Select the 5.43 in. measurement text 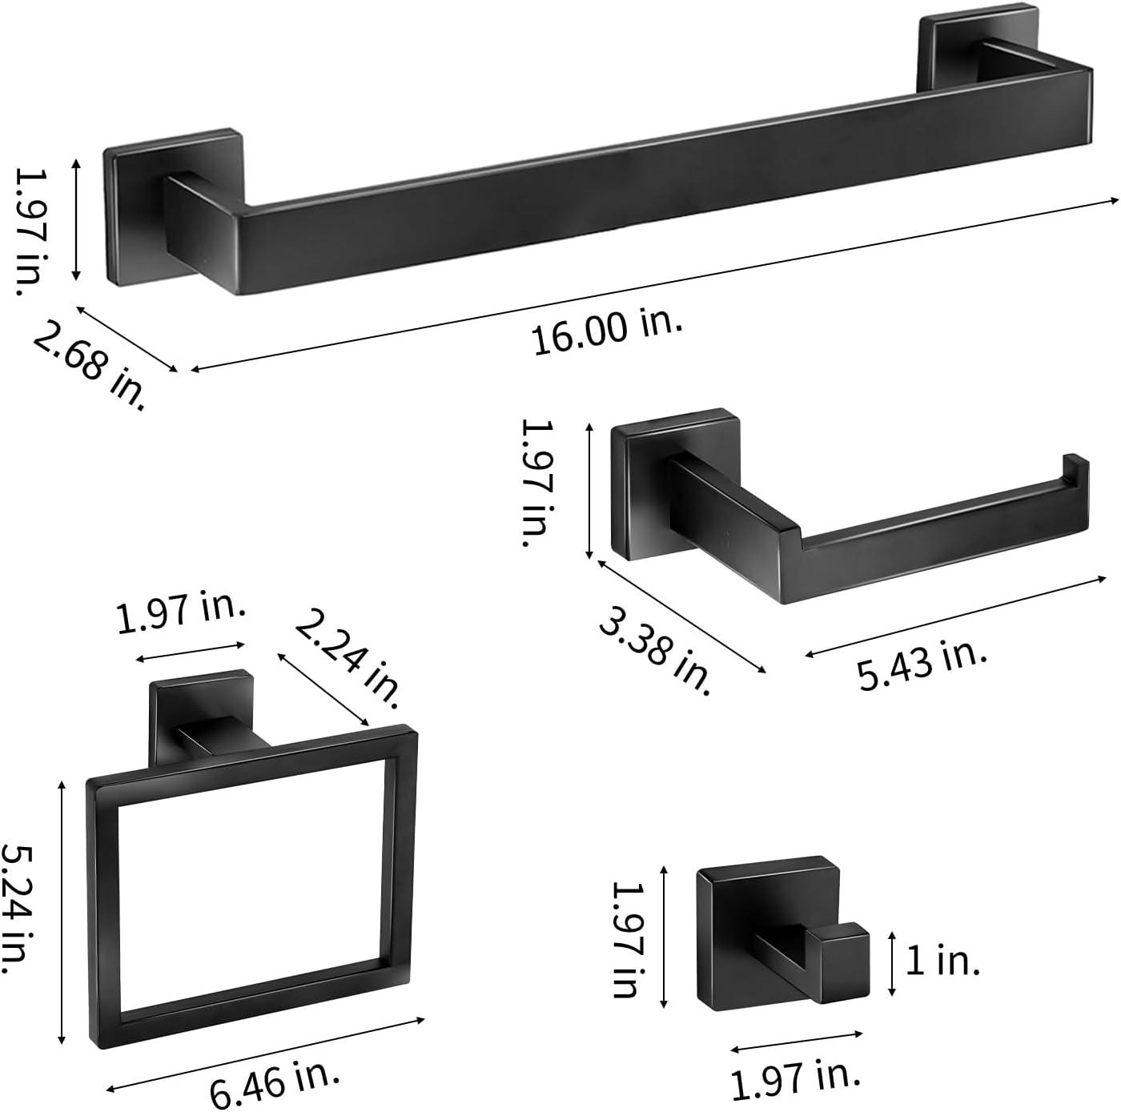pyautogui.click(x=921, y=665)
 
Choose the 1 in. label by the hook pyautogui.click(x=942, y=961)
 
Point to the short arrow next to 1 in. pyautogui.click(x=892, y=964)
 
